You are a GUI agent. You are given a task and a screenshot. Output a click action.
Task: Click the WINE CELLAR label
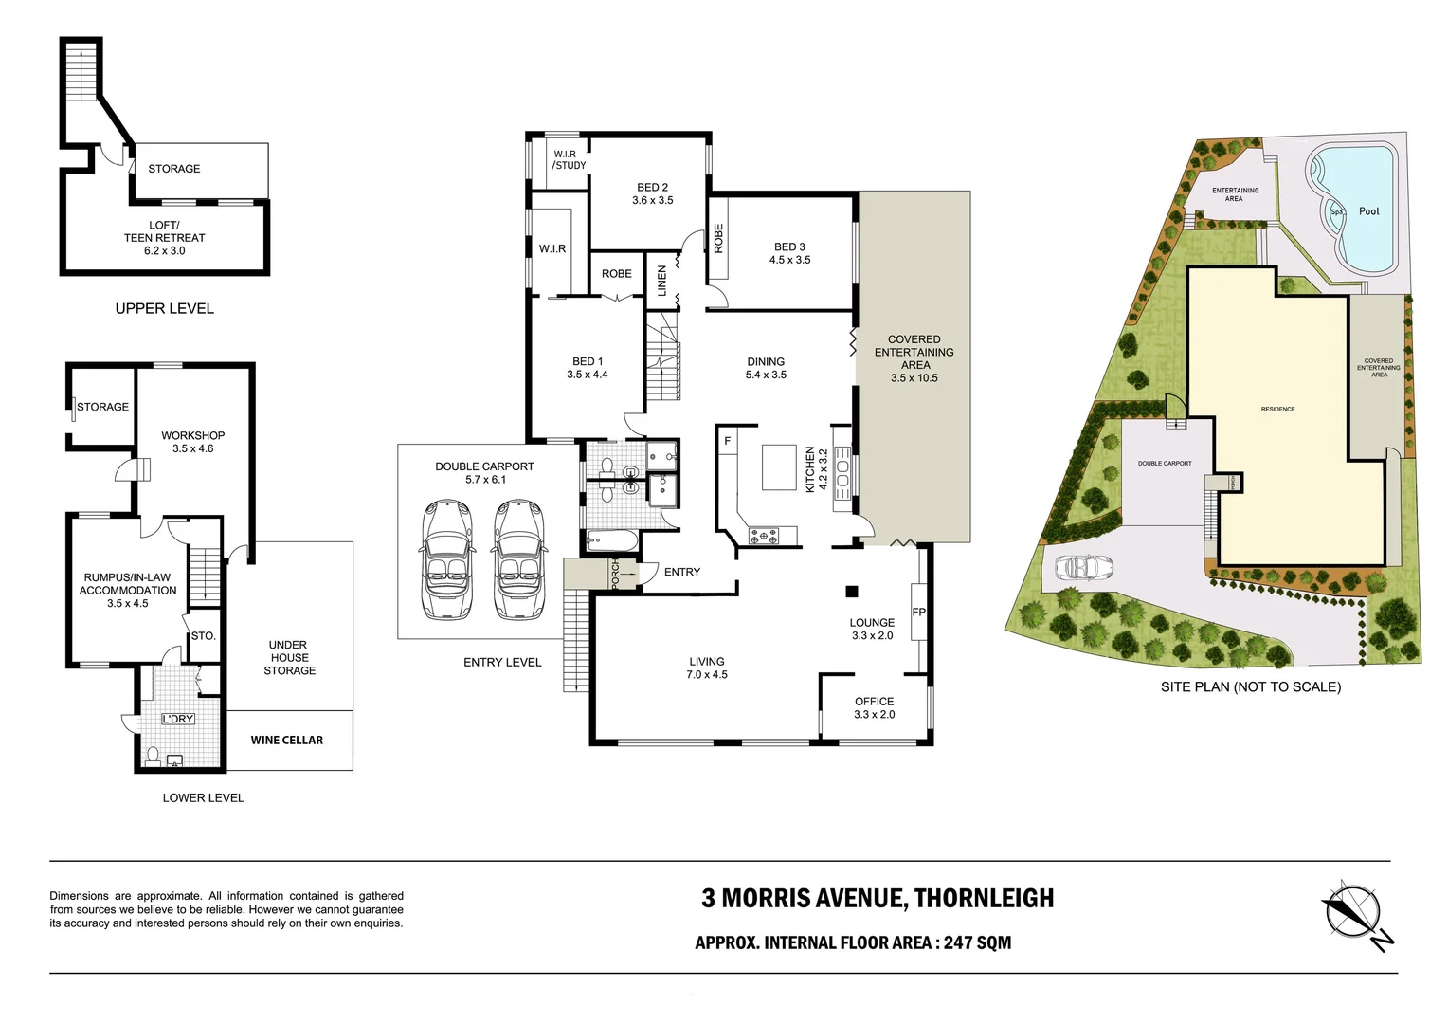click(x=286, y=740)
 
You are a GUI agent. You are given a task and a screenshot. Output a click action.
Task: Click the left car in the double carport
click(x=444, y=559)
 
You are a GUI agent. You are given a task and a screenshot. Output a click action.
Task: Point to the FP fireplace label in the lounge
click(x=918, y=613)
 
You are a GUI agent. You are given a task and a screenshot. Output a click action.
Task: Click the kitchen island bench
click(x=779, y=466)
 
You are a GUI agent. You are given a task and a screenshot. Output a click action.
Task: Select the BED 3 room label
click(x=789, y=247)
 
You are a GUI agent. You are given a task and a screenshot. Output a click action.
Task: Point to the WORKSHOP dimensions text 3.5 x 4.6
click(x=192, y=448)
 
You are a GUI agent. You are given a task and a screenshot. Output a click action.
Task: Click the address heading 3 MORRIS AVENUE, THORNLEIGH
click(x=877, y=898)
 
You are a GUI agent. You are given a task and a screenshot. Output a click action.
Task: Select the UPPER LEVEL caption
click(x=164, y=308)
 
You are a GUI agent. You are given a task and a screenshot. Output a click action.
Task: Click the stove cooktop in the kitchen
click(x=764, y=536)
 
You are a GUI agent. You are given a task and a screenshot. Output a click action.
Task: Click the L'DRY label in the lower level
click(x=177, y=719)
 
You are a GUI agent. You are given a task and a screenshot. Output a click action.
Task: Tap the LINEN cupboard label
click(x=661, y=281)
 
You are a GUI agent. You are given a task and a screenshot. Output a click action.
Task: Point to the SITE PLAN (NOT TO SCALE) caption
click(x=1250, y=686)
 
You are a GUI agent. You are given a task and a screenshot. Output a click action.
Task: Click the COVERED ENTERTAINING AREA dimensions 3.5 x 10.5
click(x=914, y=377)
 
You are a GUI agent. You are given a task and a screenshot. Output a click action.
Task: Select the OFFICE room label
click(x=874, y=702)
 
